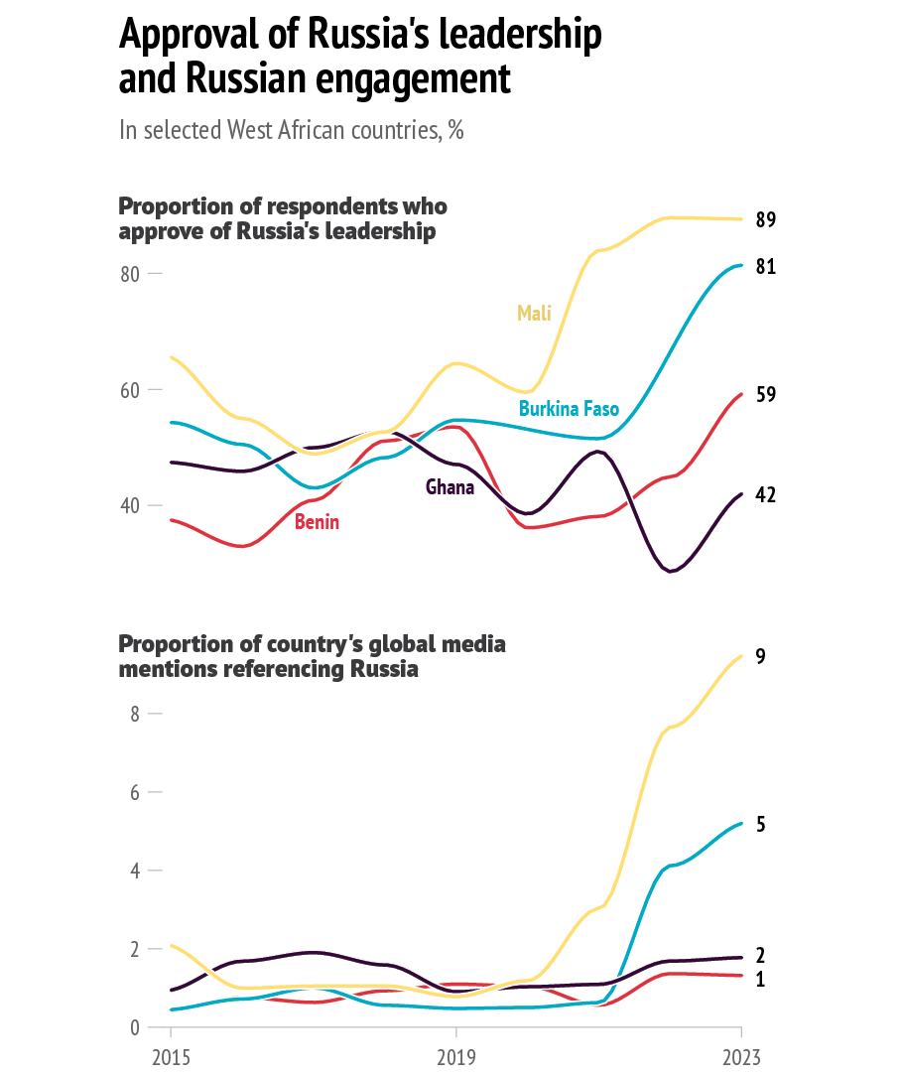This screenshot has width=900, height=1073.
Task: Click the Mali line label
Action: pyautogui.click(x=533, y=314)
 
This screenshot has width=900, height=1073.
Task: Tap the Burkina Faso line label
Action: pyautogui.click(x=569, y=409)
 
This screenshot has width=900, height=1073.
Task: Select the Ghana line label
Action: pyautogui.click(x=450, y=487)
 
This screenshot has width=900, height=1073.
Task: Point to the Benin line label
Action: pyautogui.click(x=317, y=522)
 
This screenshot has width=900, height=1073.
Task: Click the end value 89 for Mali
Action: pyautogui.click(x=765, y=220)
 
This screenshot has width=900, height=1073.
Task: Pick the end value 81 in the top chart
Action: pyautogui.click(x=765, y=267)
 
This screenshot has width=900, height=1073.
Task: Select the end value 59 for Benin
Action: pyautogui.click(x=765, y=395)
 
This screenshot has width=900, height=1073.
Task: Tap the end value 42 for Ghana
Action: pyautogui.click(x=765, y=494)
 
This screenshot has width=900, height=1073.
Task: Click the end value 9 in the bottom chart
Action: pyautogui.click(x=760, y=657)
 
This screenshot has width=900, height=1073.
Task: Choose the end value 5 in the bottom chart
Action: pyautogui.click(x=760, y=825)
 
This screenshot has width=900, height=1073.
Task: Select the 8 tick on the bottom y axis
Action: pyautogui.click(x=135, y=714)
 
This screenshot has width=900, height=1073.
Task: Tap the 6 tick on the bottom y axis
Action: pyautogui.click(x=135, y=792)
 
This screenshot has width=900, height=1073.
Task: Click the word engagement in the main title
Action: pyautogui.click(x=413, y=80)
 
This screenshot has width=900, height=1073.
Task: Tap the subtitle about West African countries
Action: pyautogui.click(x=291, y=131)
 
